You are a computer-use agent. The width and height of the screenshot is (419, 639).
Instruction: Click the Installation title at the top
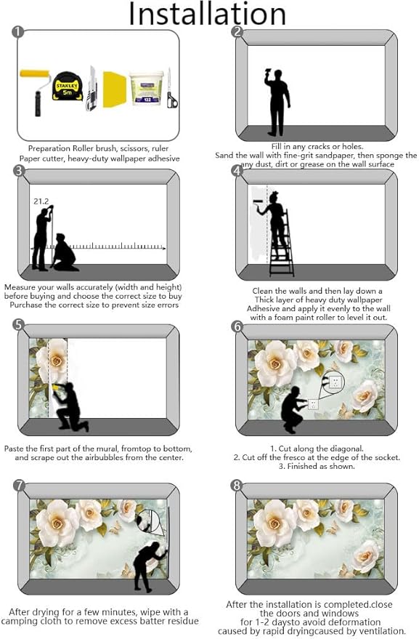point(207,14)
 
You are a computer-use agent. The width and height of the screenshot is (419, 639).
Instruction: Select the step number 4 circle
point(237,171)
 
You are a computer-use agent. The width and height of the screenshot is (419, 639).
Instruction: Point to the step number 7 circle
point(19,485)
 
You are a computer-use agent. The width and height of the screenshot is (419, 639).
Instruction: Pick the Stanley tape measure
point(67,87)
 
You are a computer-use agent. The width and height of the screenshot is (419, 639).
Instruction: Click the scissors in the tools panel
point(171,91)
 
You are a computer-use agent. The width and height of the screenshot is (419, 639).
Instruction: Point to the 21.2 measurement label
point(41,201)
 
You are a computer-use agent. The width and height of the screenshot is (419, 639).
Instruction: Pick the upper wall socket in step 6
point(335,381)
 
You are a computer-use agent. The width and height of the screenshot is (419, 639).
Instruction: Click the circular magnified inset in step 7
point(150,522)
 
